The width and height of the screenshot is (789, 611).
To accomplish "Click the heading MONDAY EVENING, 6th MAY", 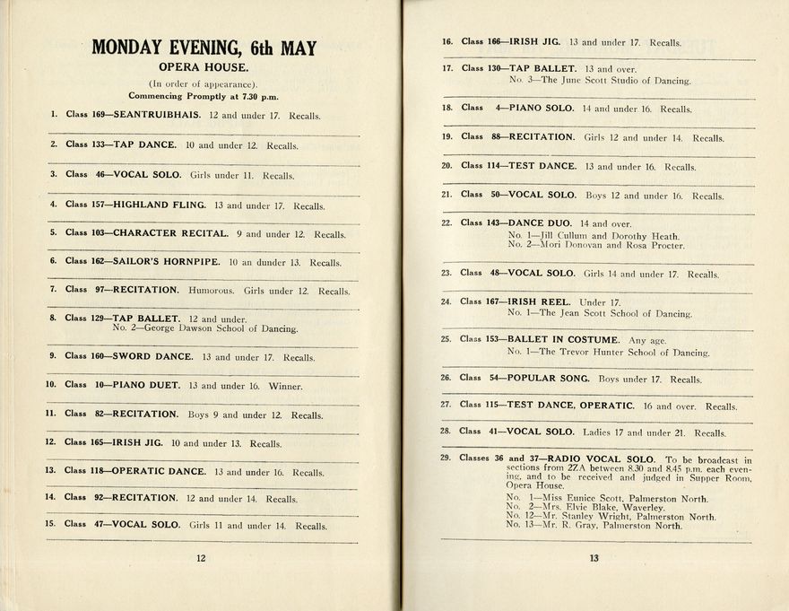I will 204,48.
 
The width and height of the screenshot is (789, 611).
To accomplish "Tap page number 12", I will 201,557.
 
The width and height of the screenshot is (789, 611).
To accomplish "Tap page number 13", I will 593,558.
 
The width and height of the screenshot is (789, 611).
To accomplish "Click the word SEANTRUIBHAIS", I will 158,115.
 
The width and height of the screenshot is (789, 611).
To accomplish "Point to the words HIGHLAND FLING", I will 159,205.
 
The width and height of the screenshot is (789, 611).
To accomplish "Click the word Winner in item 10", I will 285,387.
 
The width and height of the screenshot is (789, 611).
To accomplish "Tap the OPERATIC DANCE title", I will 160,472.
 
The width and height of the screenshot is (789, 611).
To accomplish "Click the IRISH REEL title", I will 539,302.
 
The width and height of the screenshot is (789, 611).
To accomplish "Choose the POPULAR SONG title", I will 550,379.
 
